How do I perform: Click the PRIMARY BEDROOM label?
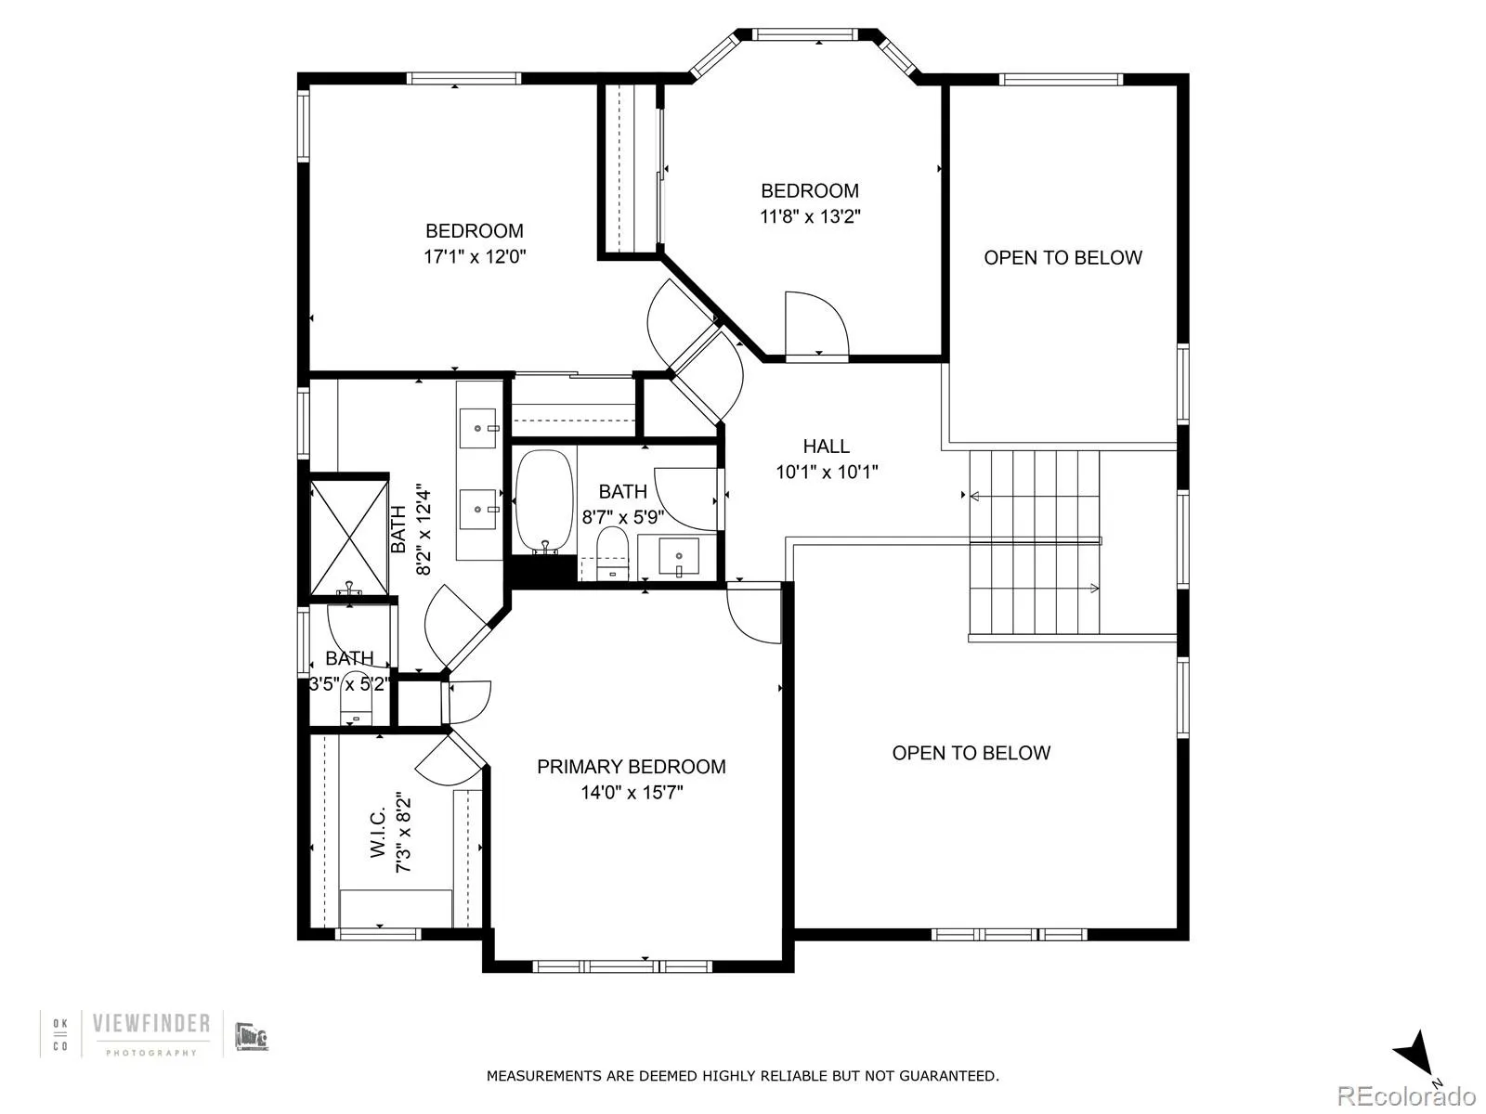(631, 767)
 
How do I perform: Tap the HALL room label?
(826, 446)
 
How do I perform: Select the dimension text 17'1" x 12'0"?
(475, 257)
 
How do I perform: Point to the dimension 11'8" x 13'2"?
(810, 217)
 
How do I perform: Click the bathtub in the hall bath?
(544, 501)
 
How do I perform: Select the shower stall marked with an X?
(349, 536)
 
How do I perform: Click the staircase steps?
(1034, 542)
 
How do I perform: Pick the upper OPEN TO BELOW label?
(1062, 258)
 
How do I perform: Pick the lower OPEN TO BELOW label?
(971, 753)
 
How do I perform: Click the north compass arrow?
(1414, 1055)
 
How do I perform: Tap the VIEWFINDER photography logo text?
(150, 1024)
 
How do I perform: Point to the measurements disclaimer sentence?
(742, 1076)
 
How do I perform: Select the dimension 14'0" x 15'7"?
(632, 793)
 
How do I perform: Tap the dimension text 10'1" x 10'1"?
(827, 472)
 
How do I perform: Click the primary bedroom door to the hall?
(754, 613)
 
